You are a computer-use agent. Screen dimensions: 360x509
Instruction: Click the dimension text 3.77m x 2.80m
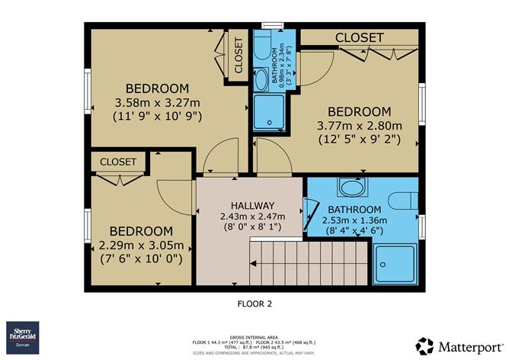coord(359,126)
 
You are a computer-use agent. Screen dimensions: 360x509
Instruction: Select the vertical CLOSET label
coord(238,56)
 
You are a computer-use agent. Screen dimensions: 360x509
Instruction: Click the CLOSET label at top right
coord(359,37)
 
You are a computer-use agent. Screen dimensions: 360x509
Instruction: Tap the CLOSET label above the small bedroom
coord(117,162)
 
